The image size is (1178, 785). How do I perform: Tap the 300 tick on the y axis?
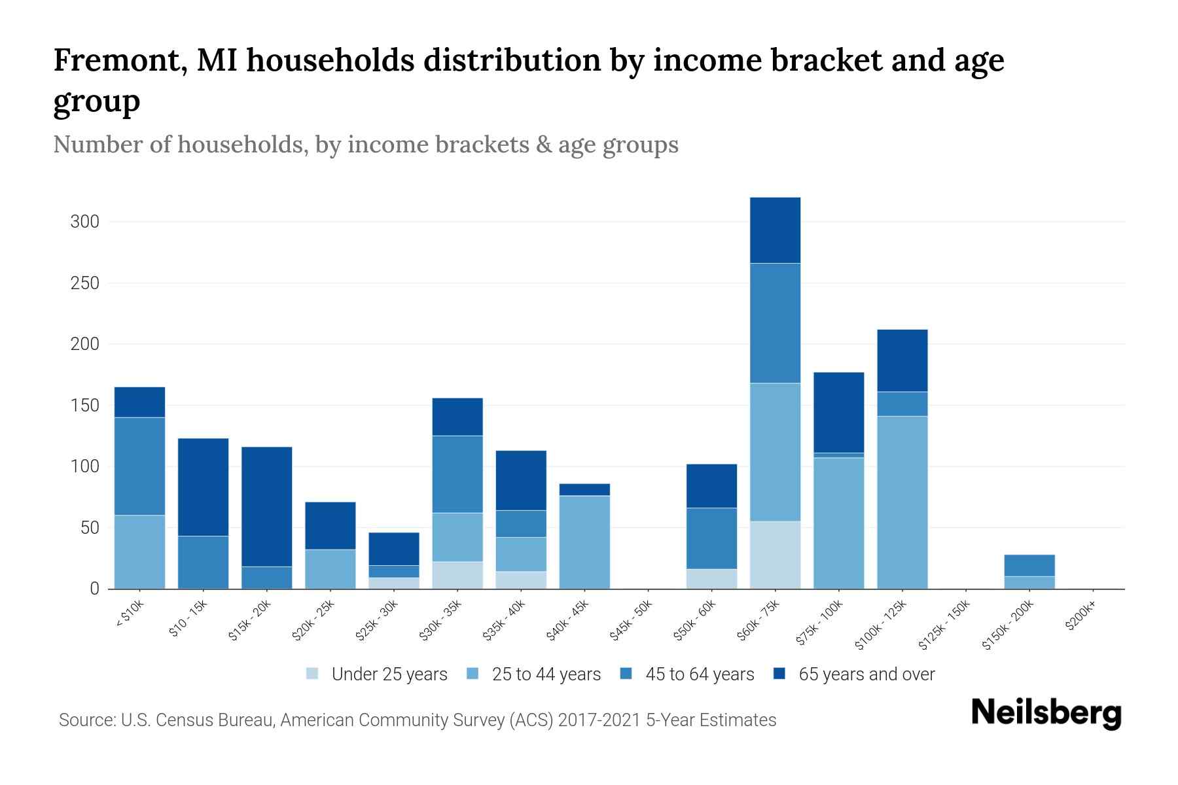coord(85,222)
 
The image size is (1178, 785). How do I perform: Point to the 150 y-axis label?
coord(85,406)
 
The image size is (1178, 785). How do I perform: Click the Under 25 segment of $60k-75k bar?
coord(775,555)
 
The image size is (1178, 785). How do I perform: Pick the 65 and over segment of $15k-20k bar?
coord(267,506)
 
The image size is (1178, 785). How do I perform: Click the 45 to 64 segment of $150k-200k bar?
coord(1029,565)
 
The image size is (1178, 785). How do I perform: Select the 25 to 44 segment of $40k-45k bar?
coord(584,542)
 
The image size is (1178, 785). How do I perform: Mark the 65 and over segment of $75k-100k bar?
coord(838,412)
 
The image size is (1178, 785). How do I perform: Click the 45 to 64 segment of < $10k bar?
coord(139,466)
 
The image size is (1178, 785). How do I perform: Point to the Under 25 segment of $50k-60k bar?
coord(711,579)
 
